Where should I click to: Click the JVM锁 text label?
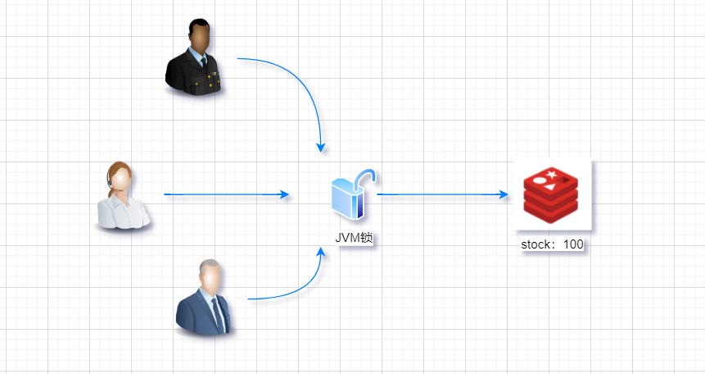point(354,238)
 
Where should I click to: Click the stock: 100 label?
point(552,245)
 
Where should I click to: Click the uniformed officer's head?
point(199,37)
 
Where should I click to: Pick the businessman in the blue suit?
point(205,299)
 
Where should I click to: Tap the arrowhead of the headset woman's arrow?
point(285,195)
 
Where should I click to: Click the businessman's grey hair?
point(210,266)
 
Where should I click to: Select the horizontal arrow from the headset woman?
point(221,195)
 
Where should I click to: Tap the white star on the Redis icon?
point(554,174)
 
